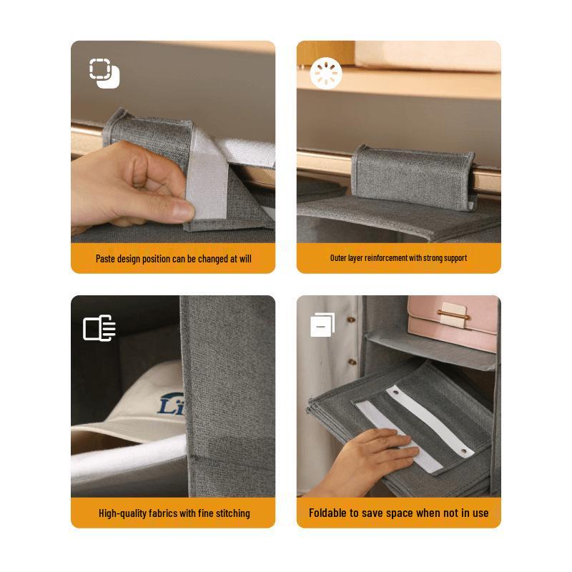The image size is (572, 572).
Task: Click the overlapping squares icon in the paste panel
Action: click(x=104, y=73)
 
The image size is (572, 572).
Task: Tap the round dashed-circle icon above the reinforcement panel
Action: click(x=326, y=73)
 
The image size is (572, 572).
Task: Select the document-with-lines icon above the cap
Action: click(x=99, y=328)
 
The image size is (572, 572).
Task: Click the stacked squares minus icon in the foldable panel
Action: click(x=322, y=325)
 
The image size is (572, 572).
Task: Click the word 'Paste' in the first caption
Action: click(x=107, y=258)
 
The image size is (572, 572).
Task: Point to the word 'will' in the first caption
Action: click(x=244, y=258)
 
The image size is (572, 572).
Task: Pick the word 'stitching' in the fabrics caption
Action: click(x=230, y=513)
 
